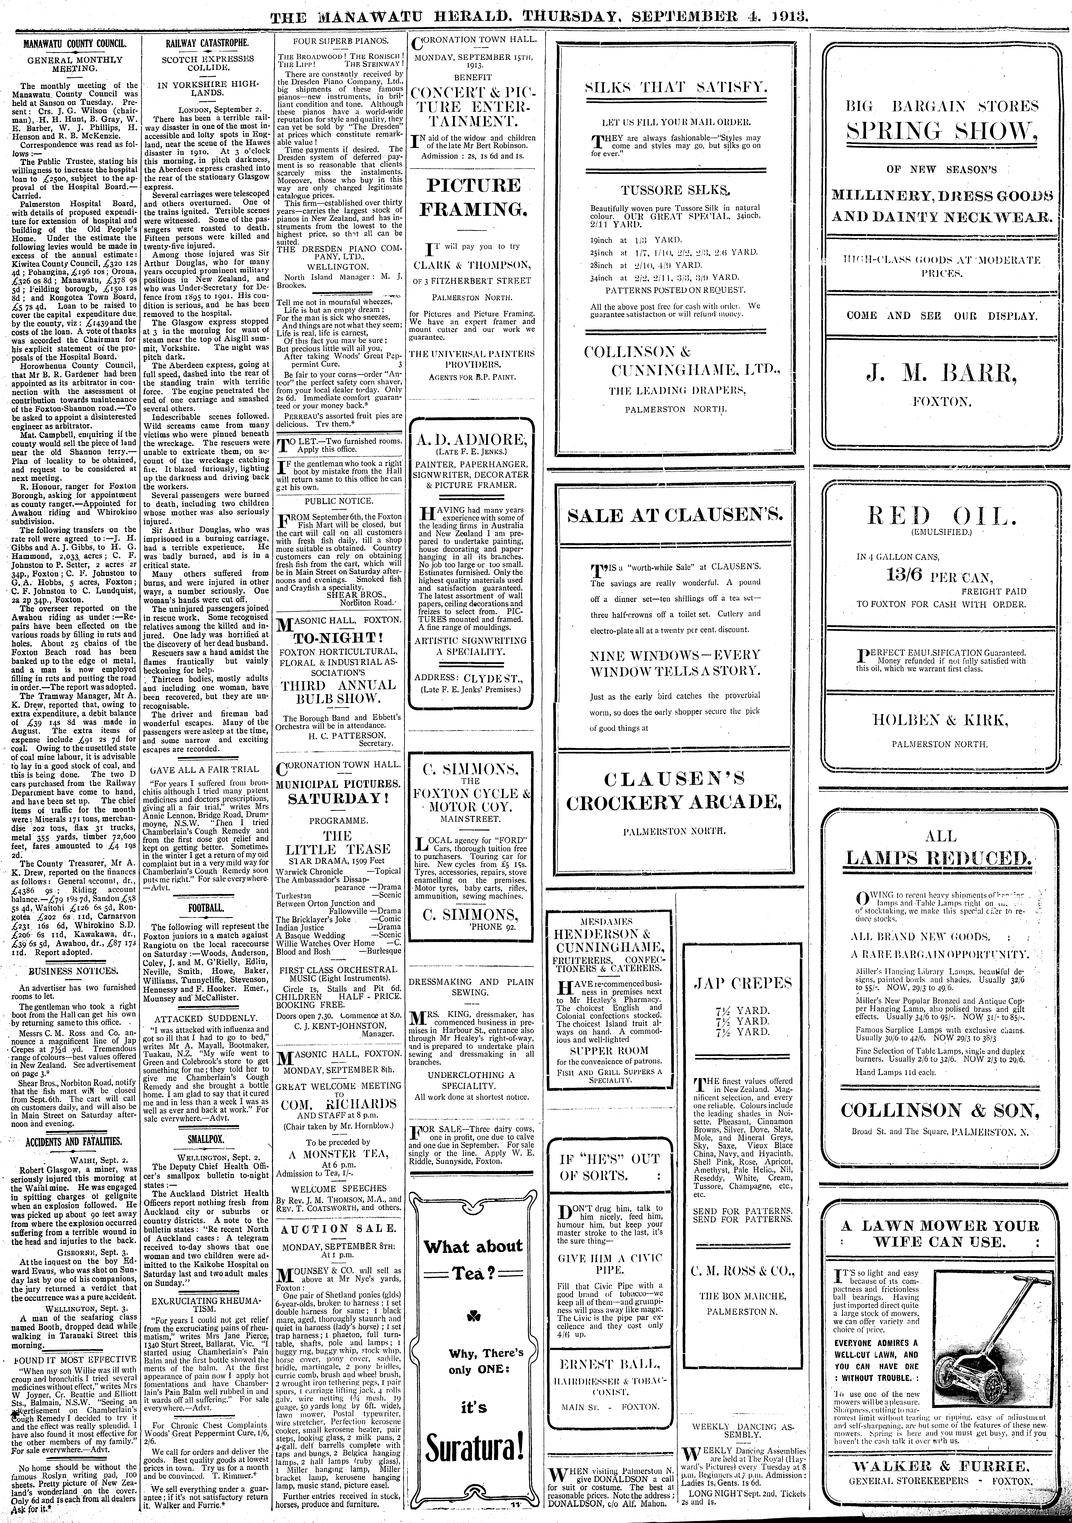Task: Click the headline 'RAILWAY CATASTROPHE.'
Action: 206,42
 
